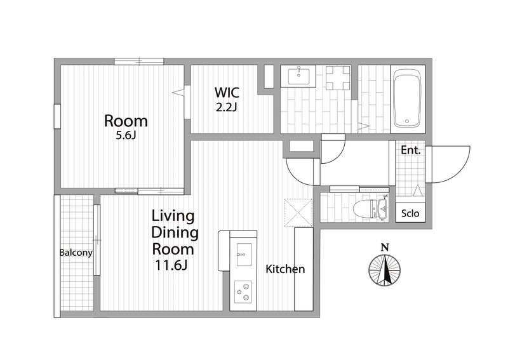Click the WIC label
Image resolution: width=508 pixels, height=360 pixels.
[x=227, y=93]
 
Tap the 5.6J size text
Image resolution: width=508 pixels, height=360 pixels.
[x=125, y=135]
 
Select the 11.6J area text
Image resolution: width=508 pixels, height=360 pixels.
[x=171, y=265]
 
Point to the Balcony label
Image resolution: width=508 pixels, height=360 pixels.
[x=76, y=253]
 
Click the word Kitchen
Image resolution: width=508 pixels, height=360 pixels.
[x=285, y=269]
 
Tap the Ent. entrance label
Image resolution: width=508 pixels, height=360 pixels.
[x=410, y=150]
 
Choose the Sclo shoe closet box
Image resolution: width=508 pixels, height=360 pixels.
[x=410, y=213]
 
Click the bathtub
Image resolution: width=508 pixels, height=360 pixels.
[x=407, y=99]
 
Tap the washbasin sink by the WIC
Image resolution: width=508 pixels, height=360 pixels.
[x=298, y=76]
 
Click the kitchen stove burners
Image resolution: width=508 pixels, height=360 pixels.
[x=243, y=291]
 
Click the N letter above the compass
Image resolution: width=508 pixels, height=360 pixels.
[x=385, y=248]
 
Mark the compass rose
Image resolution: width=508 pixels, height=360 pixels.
[x=385, y=270]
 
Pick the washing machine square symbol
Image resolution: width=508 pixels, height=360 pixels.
[x=338, y=77]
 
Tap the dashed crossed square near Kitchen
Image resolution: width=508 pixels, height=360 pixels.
[x=298, y=213]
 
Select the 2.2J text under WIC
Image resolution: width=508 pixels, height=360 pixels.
[x=227, y=107]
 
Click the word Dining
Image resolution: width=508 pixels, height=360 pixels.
[x=175, y=233]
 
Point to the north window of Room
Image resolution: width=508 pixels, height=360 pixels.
[x=139, y=61]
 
